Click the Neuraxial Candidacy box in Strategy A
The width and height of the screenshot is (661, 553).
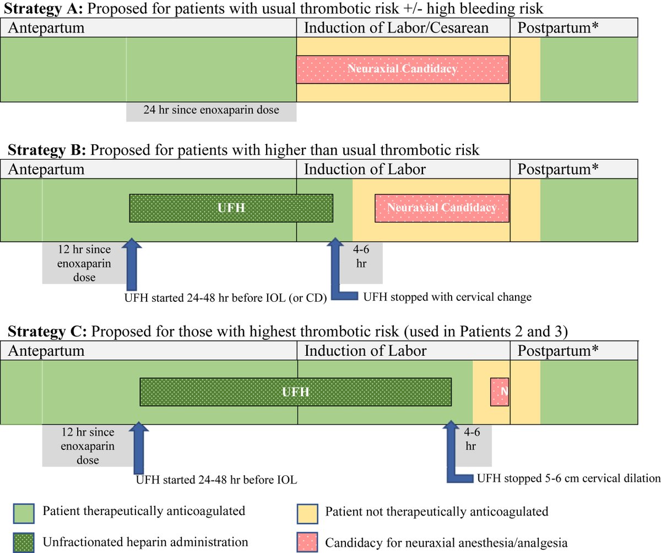point(402,69)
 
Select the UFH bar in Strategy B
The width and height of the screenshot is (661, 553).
point(231,208)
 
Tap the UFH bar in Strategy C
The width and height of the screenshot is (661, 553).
point(295,392)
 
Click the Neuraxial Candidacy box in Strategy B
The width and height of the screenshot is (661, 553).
point(441,208)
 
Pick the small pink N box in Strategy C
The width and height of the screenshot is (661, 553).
point(500,392)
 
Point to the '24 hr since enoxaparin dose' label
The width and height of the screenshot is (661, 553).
point(211,110)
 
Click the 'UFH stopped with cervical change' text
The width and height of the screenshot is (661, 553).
point(447,297)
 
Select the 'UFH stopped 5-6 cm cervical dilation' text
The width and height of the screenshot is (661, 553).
point(568,478)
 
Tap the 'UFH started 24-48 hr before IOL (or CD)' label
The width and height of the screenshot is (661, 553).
point(226,299)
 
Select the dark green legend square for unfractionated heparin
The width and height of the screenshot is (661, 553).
point(23,542)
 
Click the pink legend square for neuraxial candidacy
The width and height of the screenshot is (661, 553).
point(306,542)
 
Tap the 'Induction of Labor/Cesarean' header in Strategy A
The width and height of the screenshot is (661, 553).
point(396,28)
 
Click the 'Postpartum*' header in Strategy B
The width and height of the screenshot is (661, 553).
point(558,169)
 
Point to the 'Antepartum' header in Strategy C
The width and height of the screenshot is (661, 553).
point(46,350)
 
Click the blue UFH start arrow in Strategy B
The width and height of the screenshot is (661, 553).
point(133,264)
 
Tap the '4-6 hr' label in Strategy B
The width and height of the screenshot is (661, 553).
point(361,256)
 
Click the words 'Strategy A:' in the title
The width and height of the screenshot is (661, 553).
point(41,8)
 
